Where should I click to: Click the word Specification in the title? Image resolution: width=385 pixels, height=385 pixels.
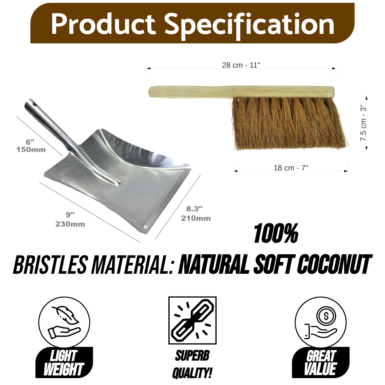click(x=249, y=25)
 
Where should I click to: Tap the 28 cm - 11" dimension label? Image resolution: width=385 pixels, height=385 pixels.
click(x=241, y=65)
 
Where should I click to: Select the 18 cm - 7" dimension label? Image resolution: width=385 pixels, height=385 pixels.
click(x=291, y=168)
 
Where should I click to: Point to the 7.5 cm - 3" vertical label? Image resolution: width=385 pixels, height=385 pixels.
click(x=363, y=123)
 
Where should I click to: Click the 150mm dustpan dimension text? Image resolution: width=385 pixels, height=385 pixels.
click(x=31, y=150)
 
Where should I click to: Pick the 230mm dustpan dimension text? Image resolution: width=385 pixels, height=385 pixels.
click(x=70, y=224)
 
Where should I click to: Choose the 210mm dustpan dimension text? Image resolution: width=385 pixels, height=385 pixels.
click(x=196, y=218)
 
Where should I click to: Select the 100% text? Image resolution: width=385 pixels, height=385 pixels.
click(x=276, y=234)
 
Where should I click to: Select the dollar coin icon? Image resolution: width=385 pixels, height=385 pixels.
click(x=326, y=316)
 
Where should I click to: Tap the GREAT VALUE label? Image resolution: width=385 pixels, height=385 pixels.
click(x=321, y=363)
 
